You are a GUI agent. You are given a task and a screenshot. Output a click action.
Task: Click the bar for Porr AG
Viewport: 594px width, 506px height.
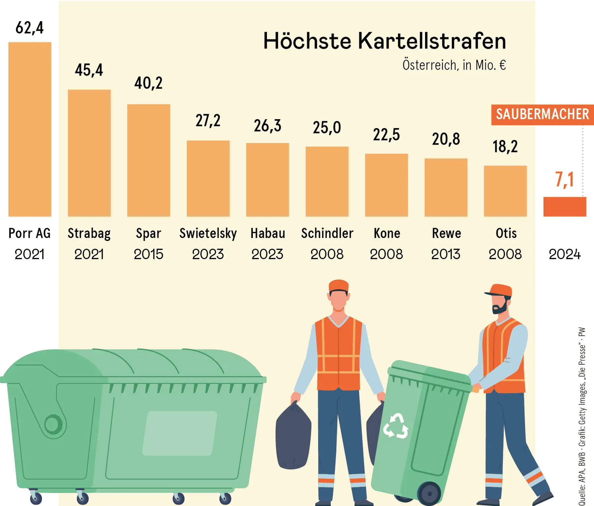coord(30,129)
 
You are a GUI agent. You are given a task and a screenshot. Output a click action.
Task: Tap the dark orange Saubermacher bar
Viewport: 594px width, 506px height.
coord(565,207)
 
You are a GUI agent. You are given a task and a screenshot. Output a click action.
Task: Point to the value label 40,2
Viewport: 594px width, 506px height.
coord(148,83)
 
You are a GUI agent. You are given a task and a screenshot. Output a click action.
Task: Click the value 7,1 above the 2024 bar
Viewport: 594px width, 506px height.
coord(564,180)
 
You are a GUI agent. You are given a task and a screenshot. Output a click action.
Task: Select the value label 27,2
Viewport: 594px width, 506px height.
coord(208,120)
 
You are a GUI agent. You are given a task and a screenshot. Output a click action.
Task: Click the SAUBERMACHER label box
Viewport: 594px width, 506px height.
coord(542,115)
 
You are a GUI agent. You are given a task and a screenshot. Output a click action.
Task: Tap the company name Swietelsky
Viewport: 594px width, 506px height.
coord(208,233)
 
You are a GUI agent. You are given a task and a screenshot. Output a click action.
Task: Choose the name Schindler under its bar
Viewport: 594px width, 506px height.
coord(327,233)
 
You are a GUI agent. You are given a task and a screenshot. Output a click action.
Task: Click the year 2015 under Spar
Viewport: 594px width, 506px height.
coord(148,254)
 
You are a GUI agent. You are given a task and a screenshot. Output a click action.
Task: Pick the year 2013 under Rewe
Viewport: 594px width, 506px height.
coord(445,254)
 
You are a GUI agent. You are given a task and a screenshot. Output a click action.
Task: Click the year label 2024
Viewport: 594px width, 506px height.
coord(564,254)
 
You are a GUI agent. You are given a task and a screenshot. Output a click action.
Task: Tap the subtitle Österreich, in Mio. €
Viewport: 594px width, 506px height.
coord(454,65)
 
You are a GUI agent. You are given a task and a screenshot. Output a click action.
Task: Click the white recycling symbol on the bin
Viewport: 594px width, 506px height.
coord(396,426)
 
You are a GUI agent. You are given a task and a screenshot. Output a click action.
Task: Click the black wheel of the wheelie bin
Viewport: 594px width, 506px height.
coord(429,494)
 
